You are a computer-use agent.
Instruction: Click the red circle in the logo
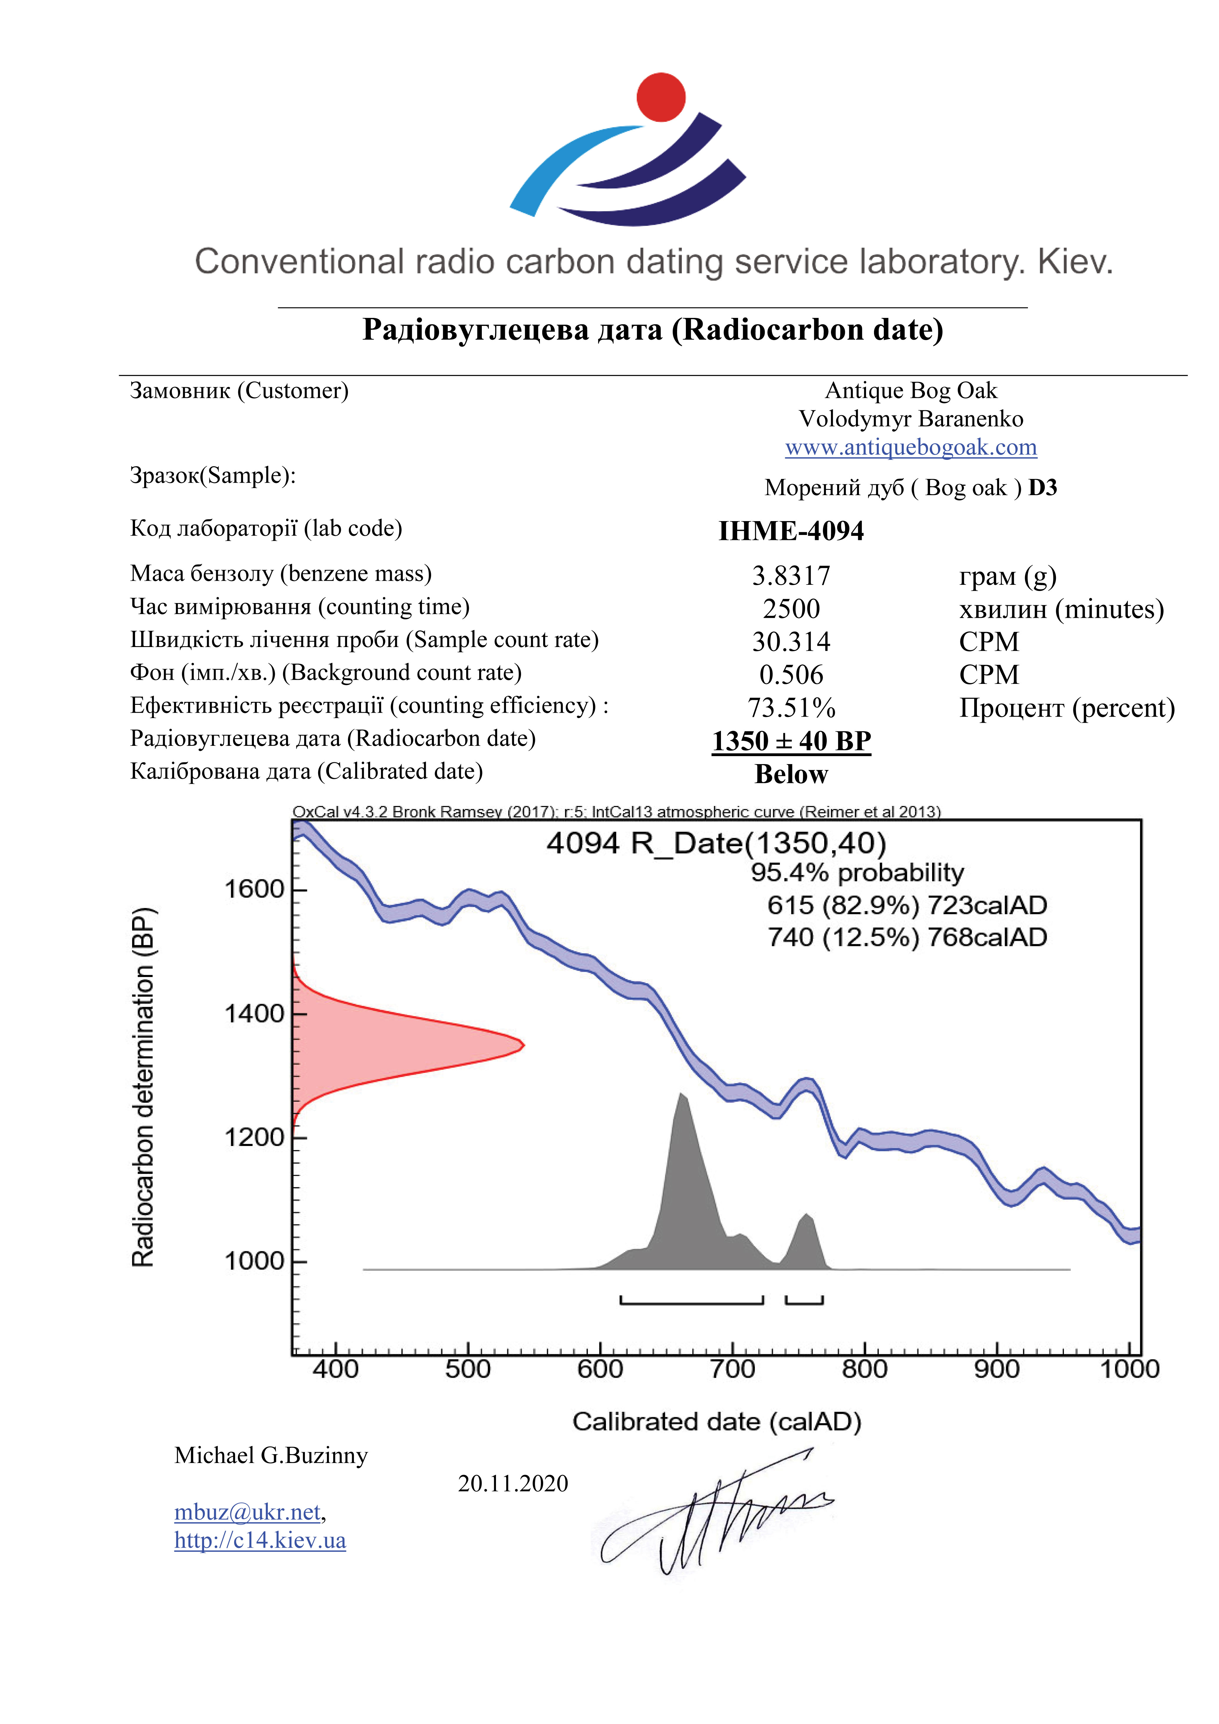tap(661, 97)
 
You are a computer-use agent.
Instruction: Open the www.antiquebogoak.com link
tap(911, 448)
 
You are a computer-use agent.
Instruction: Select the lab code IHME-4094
tap(791, 531)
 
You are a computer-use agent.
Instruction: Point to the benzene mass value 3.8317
tap(791, 576)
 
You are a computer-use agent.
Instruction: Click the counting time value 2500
tap(791, 609)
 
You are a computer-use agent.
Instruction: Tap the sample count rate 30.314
tap(791, 642)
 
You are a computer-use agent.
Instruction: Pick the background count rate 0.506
tap(791, 675)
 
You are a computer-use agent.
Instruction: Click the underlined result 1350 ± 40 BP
tap(791, 741)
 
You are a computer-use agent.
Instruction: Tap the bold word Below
tap(791, 774)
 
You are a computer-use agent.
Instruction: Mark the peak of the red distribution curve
tap(523, 1045)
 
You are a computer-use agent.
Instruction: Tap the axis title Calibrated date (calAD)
tap(717, 1421)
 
